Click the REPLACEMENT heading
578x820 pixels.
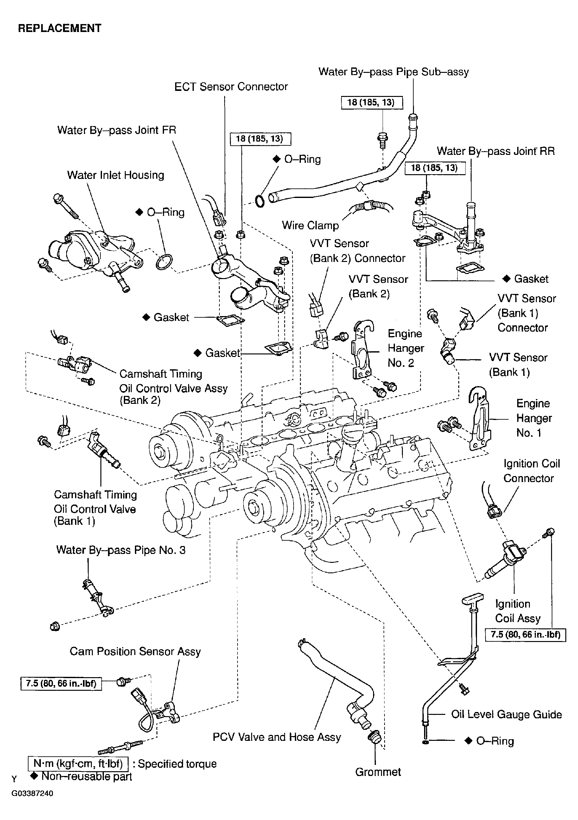pos(60,28)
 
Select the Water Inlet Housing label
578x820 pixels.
pos(115,175)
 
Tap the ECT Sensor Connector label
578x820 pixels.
pos(231,87)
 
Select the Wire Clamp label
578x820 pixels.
pos(310,226)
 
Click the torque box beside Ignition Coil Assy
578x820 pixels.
pos(525,635)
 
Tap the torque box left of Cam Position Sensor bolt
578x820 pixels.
pos(61,683)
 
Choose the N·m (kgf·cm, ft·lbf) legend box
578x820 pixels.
pos(78,764)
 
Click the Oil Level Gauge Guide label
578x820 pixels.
pos(506,714)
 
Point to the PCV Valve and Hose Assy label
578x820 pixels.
pos(276,737)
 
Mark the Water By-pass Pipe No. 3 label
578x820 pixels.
pos(121,550)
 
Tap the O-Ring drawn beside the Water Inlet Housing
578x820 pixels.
pos(164,262)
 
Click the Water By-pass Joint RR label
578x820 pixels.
pos(495,151)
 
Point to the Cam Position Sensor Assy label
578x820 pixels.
pos(135,652)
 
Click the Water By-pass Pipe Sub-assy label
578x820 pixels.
pos(393,72)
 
